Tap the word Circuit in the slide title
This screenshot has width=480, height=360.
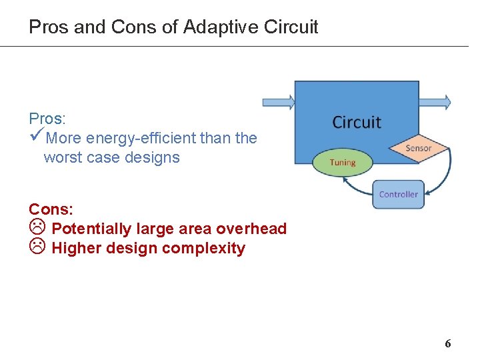(x=291, y=27)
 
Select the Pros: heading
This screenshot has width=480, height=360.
(x=47, y=119)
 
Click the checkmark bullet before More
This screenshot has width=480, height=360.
(x=37, y=137)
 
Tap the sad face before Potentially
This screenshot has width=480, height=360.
(x=37, y=228)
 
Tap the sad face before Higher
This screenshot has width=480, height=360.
(x=37, y=248)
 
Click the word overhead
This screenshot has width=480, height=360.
(x=253, y=229)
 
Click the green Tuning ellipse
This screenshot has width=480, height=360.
(x=343, y=162)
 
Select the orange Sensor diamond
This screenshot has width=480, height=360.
(x=418, y=148)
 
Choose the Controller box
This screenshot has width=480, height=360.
(x=398, y=194)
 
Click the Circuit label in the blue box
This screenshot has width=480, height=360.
(x=357, y=122)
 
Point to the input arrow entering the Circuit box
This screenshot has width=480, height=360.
(x=278, y=102)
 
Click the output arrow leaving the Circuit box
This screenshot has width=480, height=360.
(x=435, y=102)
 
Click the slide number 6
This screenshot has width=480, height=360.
(x=448, y=344)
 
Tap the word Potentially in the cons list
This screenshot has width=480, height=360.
(x=91, y=229)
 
